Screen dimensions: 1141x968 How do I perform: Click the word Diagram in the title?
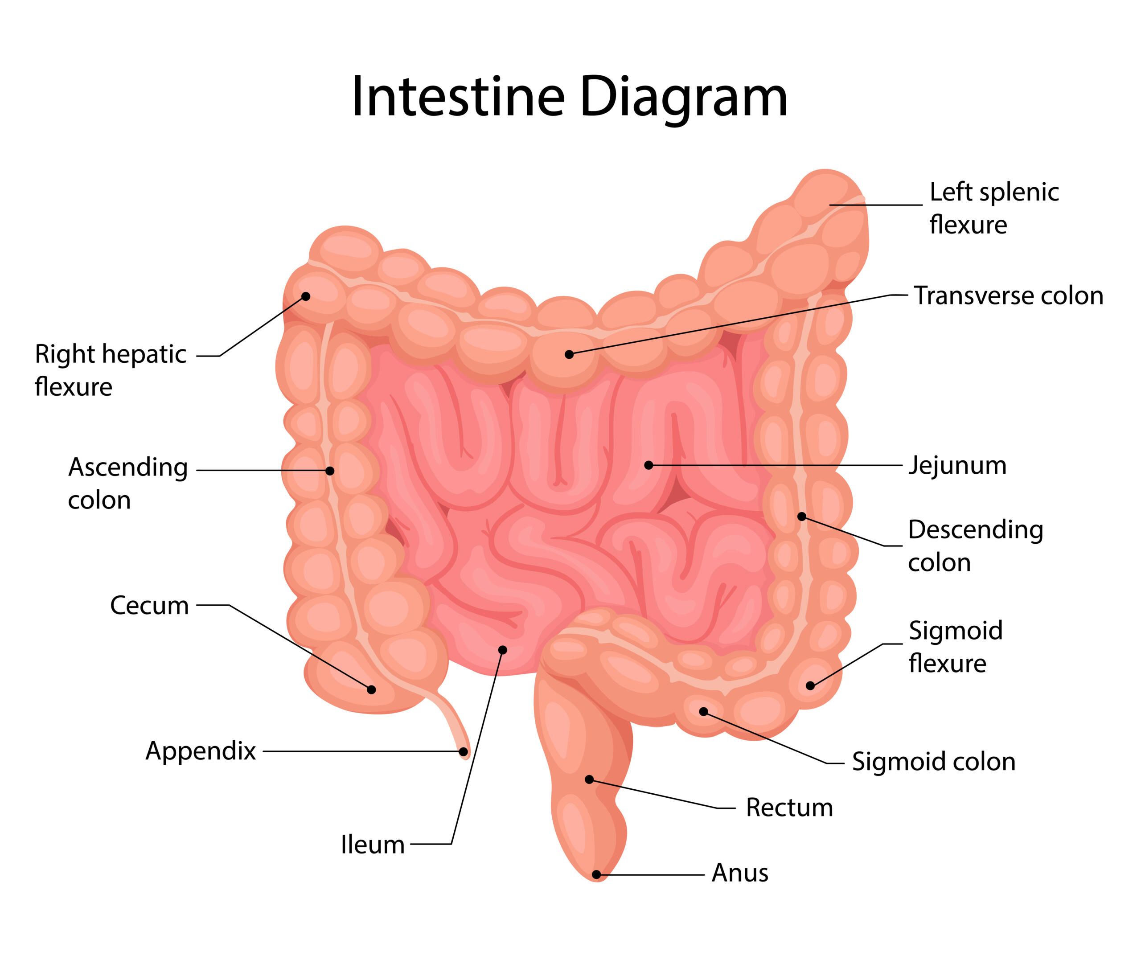(x=683, y=97)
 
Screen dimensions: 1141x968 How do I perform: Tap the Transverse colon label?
(x=1008, y=296)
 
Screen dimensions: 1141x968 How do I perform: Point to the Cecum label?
(x=149, y=605)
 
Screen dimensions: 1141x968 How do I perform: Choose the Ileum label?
(x=373, y=845)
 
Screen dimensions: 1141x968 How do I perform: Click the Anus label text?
(x=740, y=873)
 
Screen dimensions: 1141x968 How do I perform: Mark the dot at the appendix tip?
(x=463, y=751)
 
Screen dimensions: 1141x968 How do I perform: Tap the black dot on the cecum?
(x=372, y=690)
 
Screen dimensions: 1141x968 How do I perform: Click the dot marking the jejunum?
(x=648, y=465)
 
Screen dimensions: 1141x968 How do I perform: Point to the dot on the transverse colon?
(x=569, y=354)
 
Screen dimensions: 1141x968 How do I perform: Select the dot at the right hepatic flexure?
(x=306, y=296)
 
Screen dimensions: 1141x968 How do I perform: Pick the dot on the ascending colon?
(x=330, y=471)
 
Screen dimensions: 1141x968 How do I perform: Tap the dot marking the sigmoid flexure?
(x=810, y=685)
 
